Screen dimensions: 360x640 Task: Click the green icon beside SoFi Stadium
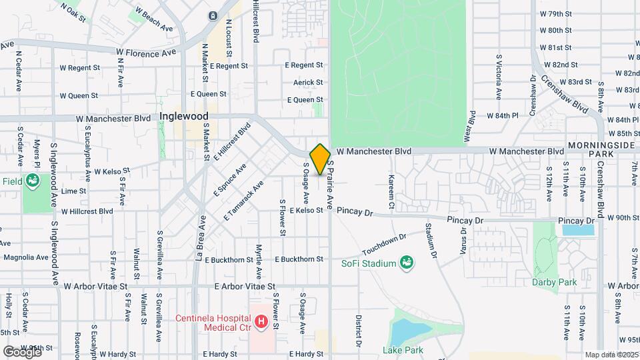405,264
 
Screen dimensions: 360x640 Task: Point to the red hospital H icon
261,323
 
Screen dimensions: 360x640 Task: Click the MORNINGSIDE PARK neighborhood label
603,150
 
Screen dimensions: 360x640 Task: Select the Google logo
22,351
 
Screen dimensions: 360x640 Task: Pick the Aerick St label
308,83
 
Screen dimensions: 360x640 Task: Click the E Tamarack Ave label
243,201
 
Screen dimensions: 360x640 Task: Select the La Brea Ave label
199,237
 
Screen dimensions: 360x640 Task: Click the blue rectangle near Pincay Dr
577,230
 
